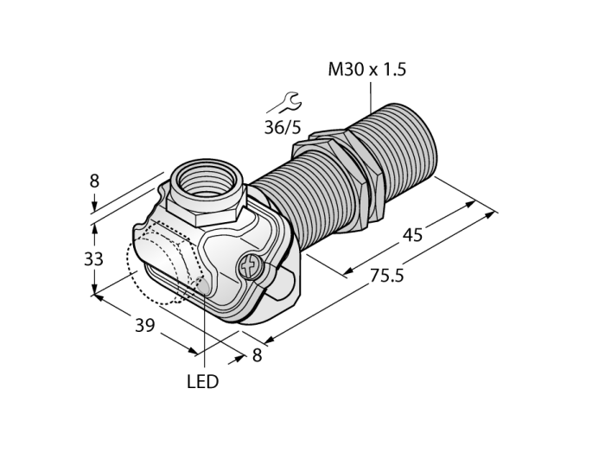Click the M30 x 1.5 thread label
[x=367, y=70]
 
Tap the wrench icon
[x=284, y=103]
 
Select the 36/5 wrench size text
[x=282, y=127]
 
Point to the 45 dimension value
[x=412, y=235]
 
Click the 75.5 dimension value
[x=386, y=276]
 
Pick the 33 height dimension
[x=93, y=258]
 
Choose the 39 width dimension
[x=144, y=326]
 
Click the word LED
[x=202, y=382]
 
